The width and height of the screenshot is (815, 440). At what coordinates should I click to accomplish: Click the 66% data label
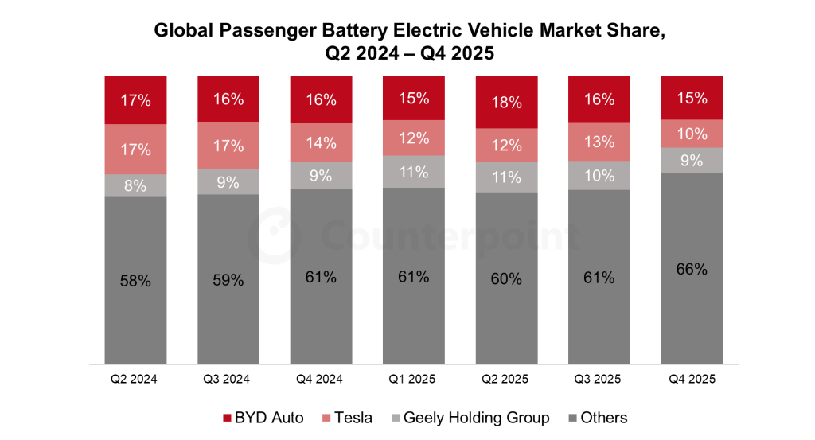coord(692,269)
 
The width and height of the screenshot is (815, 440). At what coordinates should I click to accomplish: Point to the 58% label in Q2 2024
coord(135,281)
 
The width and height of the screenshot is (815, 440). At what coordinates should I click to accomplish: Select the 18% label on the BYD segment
coord(506,103)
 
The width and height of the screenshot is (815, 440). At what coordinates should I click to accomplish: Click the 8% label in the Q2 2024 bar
coord(135,186)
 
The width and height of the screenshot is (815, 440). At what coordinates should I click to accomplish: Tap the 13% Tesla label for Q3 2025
coord(599,142)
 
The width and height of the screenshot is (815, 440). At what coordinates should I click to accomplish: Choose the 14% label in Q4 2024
coord(321,143)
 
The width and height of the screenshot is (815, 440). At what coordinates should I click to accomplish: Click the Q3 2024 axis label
coord(228,380)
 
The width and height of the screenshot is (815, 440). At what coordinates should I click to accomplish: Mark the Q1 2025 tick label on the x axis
coord(413,380)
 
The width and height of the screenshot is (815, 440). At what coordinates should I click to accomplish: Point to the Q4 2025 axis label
coord(692,380)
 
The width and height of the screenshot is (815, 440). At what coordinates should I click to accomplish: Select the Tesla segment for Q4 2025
coord(692,134)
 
